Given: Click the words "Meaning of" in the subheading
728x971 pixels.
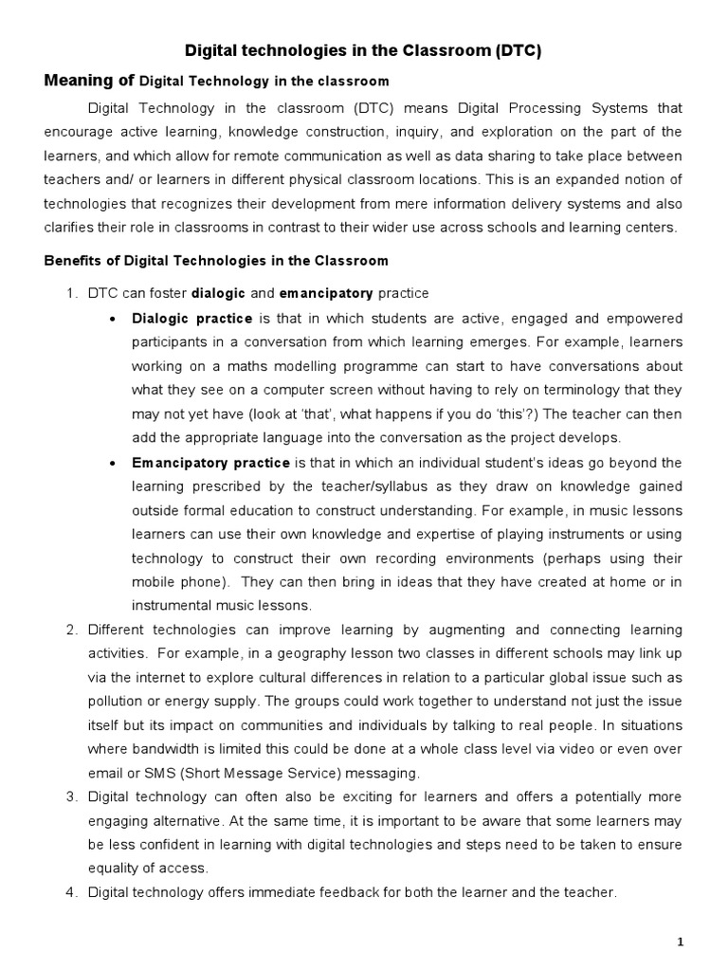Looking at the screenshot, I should pyautogui.click(x=90, y=81).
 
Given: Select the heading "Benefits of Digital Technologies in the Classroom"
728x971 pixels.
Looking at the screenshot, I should pyautogui.click(x=217, y=261).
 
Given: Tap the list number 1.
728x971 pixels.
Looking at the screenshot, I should pyautogui.click(x=71, y=292).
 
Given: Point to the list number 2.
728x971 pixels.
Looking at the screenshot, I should pyautogui.click(x=71, y=631).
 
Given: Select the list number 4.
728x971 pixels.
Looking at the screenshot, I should pyautogui.click(x=71, y=891).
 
